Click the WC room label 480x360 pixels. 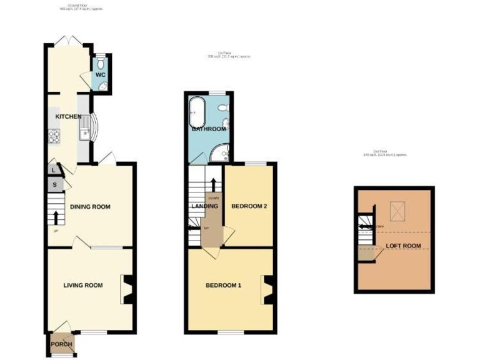click(101, 76)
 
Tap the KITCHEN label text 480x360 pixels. click(68, 117)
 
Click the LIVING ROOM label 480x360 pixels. click(83, 285)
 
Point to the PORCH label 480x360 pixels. click(62, 344)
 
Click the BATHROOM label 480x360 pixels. click(209, 129)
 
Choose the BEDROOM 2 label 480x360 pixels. click(249, 206)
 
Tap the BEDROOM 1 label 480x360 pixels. click(223, 286)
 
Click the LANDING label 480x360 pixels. click(205, 206)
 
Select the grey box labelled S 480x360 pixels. click(54, 184)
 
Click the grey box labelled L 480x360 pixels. click(54, 169)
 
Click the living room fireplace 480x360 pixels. click(127, 290)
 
